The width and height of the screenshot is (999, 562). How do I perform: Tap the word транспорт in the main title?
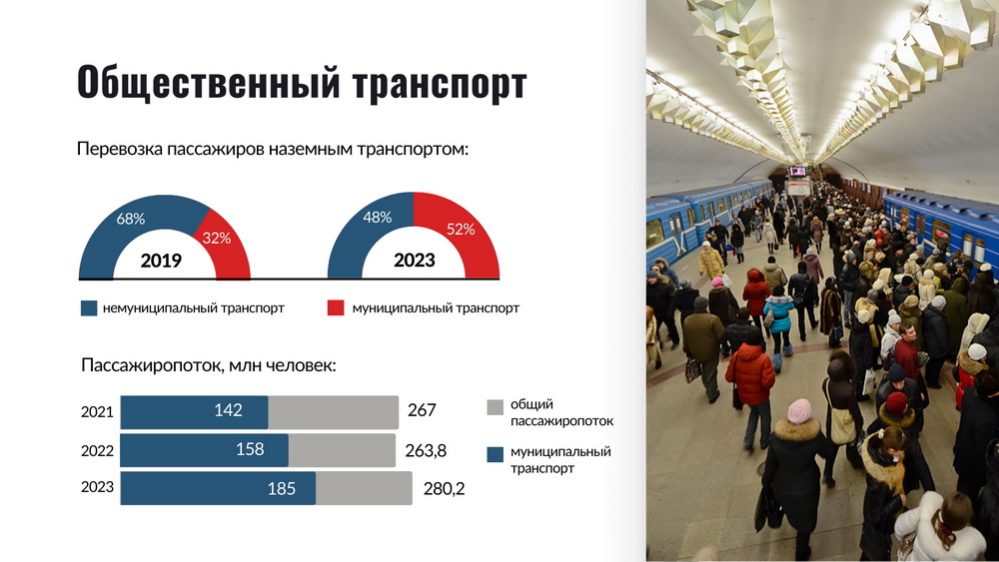pos(440,85)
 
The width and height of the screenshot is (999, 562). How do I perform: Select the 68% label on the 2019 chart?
pos(131,219)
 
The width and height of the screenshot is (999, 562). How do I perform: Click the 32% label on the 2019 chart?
pos(217,238)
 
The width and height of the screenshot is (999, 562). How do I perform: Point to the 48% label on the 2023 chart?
pos(378,218)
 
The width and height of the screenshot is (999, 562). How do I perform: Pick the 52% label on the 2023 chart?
pos(461,230)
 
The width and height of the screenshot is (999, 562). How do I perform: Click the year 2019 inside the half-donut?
pos(161,261)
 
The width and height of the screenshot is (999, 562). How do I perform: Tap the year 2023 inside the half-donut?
pos(415,260)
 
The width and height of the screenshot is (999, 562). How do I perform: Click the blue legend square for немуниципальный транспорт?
pos(89,308)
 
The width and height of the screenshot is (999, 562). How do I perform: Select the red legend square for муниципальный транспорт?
pos(336,308)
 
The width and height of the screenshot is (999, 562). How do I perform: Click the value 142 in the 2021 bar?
pos(228,410)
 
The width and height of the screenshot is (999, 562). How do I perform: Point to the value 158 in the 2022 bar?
pos(250,449)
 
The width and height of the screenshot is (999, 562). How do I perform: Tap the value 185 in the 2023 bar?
pos(282,489)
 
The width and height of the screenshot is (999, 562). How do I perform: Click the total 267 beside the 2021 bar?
pos(422,410)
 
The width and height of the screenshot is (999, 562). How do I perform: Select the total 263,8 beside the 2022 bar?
pos(426,450)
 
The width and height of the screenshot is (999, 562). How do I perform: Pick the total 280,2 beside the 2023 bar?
pos(445,489)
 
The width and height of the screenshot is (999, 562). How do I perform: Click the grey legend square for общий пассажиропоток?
pos(496,407)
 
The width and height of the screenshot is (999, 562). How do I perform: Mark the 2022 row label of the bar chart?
pos(97,450)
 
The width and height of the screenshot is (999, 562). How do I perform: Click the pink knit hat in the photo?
pos(799,411)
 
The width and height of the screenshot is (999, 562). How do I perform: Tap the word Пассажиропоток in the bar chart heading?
pos(151,366)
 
